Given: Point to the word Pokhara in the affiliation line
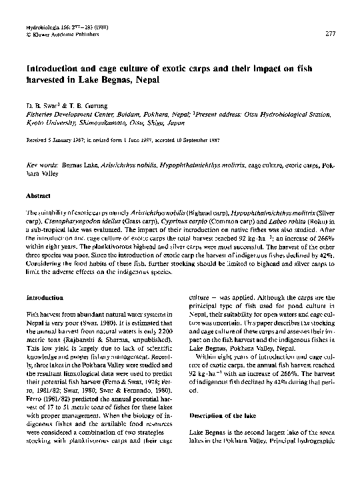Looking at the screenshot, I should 151,113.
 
